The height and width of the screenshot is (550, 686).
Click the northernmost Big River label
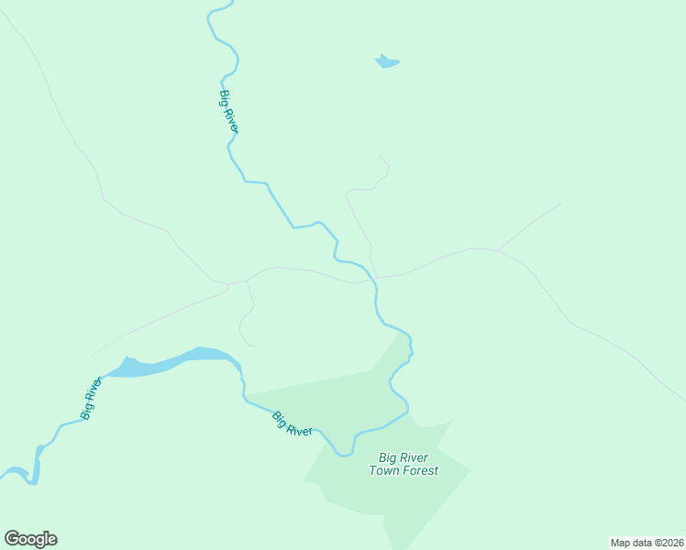coord(228,111)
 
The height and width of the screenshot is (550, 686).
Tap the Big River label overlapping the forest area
coord(293,423)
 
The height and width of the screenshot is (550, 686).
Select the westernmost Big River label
coord(91,398)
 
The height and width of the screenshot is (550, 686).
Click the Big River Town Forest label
coord(404,464)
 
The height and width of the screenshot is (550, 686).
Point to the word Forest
coord(419,470)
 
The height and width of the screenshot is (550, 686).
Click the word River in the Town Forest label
coord(413,457)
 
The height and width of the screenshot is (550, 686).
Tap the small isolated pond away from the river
coord(387,62)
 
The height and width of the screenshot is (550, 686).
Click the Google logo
coord(30,539)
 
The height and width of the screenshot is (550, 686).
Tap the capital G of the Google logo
coord(12,538)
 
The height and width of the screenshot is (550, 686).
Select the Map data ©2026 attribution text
coord(647,543)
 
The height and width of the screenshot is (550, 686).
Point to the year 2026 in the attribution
coord(670,543)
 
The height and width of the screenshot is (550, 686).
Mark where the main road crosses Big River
coord(375,278)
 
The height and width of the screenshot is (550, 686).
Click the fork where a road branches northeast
coord(500,248)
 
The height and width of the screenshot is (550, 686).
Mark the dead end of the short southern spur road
coord(256,346)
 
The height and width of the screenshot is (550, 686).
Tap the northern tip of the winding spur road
coord(380,156)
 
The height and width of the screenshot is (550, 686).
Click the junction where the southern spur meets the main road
coord(246,280)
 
